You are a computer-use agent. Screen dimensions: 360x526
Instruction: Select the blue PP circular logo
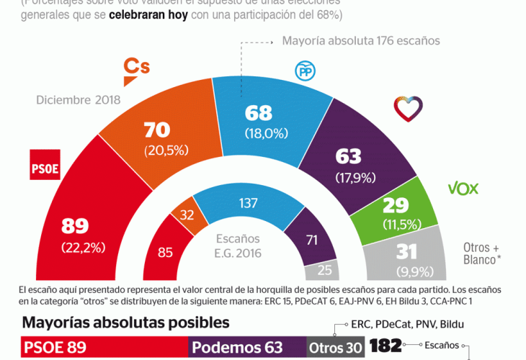pos(305,71)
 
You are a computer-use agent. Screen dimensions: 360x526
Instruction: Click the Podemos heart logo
pos(408,108)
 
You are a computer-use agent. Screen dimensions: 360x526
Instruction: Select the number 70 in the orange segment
pos(158,130)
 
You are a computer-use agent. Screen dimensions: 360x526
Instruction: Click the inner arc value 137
pos(248,204)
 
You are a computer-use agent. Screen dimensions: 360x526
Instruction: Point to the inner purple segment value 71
pos(311,239)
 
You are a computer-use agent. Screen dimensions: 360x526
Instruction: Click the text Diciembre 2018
pos(79,100)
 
